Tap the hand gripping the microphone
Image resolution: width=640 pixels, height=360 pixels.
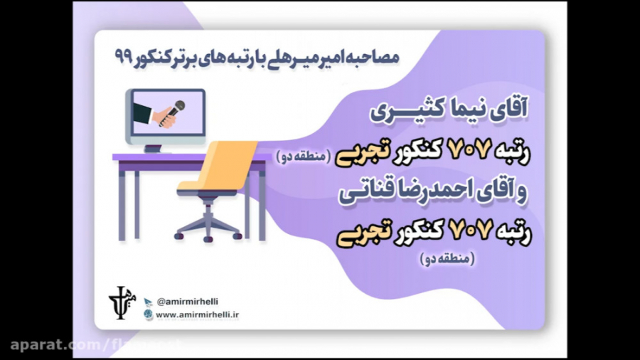pyautogui.click(x=167, y=117)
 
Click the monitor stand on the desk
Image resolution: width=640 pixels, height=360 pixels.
pyautogui.click(x=154, y=148)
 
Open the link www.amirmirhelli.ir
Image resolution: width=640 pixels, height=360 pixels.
pyautogui.click(x=197, y=314)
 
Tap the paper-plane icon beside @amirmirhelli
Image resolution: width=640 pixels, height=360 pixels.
pyautogui.click(x=149, y=302)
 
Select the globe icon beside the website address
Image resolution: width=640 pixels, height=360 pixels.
pyautogui.click(x=149, y=314)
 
